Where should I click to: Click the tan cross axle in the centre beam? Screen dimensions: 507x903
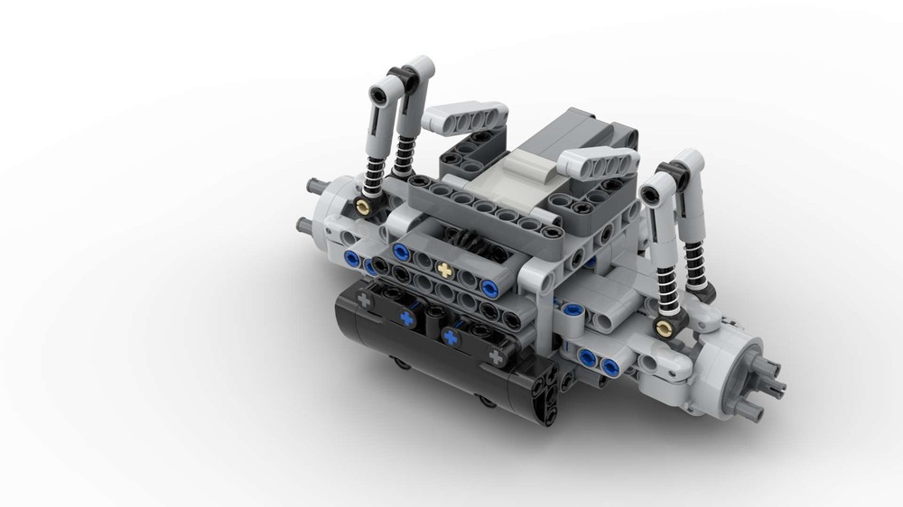(x=443, y=269)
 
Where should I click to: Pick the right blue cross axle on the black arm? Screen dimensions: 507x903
(x=450, y=337)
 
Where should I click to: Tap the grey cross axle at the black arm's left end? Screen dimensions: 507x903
(x=365, y=297)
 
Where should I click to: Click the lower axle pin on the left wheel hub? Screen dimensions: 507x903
(x=304, y=224)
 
